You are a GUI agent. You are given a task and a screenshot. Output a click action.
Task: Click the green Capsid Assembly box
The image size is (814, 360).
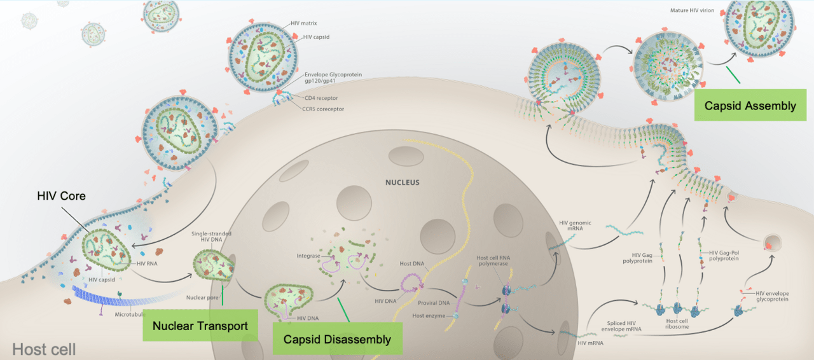[x=750, y=105]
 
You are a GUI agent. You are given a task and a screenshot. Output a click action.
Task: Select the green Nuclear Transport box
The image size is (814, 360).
[x=200, y=326]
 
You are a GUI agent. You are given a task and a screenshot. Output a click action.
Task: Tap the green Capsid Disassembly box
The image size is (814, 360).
[x=337, y=339]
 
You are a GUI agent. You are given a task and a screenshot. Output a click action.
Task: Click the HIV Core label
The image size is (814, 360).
[x=60, y=196]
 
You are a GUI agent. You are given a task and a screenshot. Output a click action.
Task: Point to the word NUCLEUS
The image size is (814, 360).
[x=402, y=183]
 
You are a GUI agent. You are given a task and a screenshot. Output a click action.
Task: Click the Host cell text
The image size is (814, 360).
[x=44, y=349]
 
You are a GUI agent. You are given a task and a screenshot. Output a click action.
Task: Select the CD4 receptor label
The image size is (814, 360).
[x=321, y=98]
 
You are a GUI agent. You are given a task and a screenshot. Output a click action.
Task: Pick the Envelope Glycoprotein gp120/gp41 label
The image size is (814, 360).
[x=333, y=78]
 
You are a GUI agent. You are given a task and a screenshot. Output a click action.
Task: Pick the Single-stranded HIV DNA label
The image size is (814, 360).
[x=211, y=238]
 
